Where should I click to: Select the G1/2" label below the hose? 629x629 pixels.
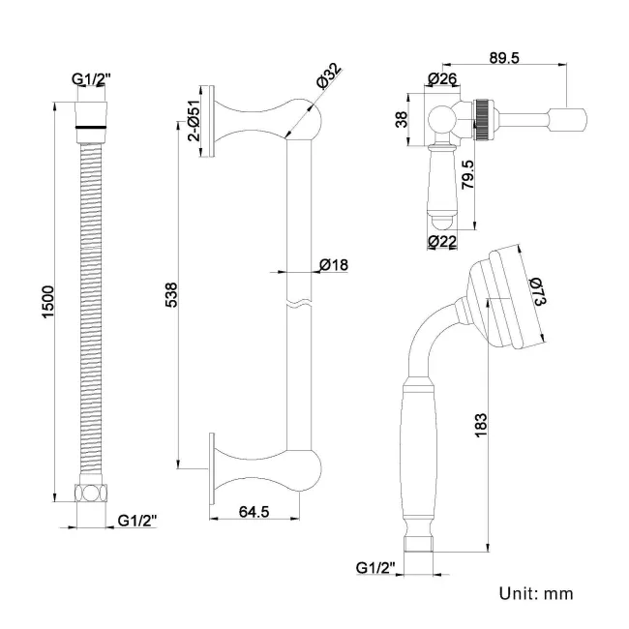[x=137, y=521]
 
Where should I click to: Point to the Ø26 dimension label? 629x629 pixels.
[x=443, y=79]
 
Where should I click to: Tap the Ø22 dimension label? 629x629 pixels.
[x=443, y=243]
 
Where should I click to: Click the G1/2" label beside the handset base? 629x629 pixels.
[x=376, y=567]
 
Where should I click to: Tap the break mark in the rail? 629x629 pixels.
[x=297, y=304]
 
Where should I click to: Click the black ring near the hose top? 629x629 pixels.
[x=90, y=124]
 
